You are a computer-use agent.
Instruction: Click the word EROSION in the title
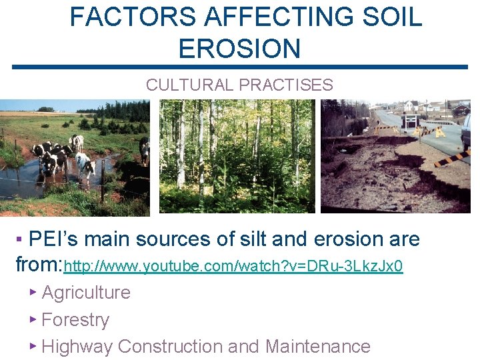click(239, 49)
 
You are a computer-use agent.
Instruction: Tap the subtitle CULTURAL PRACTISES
click(239, 85)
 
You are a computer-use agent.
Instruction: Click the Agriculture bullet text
click(86, 293)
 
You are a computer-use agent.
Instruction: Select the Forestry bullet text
click(75, 320)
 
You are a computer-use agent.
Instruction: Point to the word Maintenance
click(317, 347)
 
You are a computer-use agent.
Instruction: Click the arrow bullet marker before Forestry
click(33, 319)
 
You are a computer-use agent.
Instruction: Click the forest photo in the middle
click(237, 156)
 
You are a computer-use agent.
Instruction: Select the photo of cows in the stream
click(75, 157)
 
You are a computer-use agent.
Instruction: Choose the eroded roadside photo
click(395, 156)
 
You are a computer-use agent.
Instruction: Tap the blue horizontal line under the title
click(239, 67)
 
